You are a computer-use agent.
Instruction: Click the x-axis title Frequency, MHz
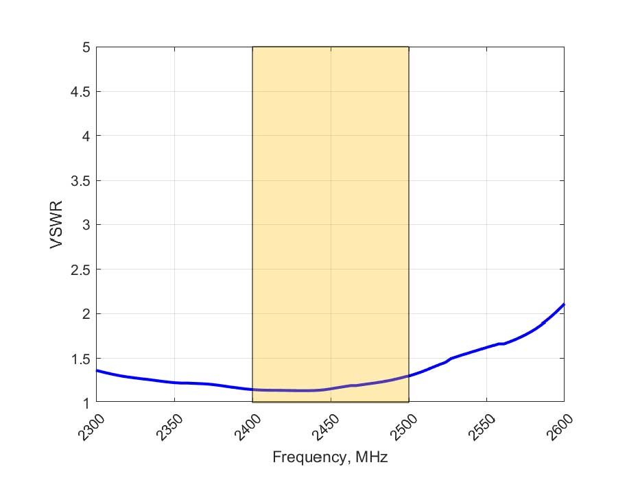point(330,457)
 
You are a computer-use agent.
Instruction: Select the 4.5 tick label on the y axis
point(80,92)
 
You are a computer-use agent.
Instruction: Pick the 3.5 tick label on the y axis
point(80,180)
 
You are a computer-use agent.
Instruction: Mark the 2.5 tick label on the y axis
point(80,269)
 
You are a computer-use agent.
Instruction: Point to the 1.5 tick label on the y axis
point(80,358)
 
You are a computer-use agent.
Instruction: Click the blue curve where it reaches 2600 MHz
point(564,304)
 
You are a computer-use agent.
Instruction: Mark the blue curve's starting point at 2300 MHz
point(97,370)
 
